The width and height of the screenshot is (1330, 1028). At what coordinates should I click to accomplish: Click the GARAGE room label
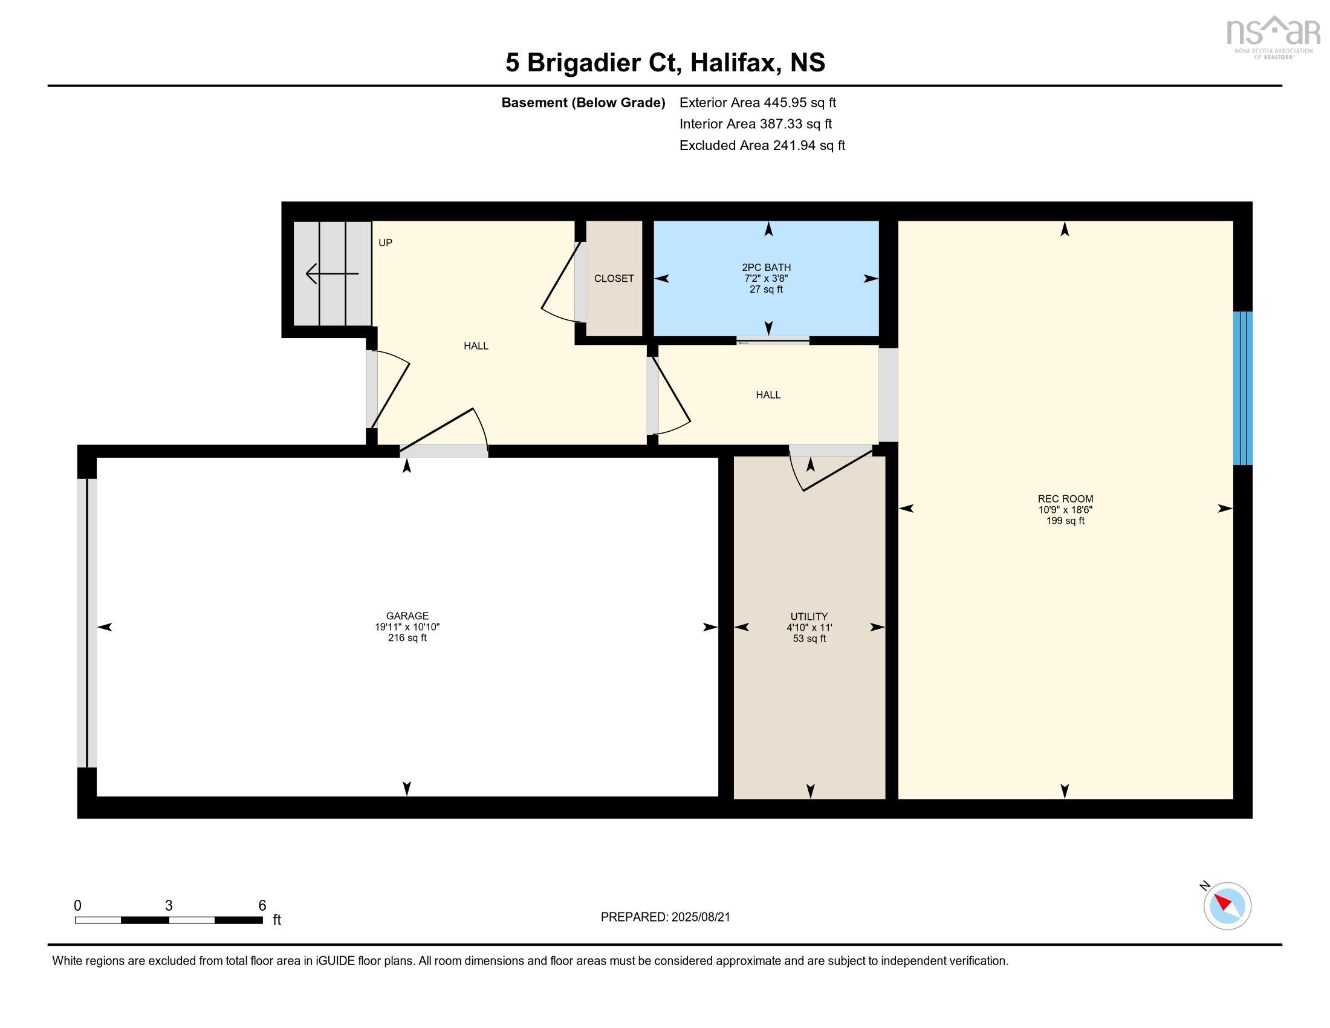407,616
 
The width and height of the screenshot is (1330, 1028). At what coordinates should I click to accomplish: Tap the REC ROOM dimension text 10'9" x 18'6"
1065,510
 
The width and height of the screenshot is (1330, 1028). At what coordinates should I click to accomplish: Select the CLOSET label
614,278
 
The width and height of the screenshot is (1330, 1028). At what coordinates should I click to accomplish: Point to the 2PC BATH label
766,267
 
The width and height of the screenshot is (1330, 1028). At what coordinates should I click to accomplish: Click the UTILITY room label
809,616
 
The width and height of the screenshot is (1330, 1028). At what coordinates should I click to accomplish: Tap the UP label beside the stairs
386,242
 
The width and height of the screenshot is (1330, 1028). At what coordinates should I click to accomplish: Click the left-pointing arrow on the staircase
331,273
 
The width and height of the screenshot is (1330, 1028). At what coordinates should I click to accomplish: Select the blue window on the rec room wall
1242,389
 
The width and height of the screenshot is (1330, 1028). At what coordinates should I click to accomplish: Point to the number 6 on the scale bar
262,906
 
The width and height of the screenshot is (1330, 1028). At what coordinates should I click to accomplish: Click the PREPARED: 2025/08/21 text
665,917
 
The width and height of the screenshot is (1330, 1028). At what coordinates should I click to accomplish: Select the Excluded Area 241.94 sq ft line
762,146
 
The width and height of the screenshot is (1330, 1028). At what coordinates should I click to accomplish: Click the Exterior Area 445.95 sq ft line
757,102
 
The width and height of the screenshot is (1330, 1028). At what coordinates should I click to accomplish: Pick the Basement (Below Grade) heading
583,102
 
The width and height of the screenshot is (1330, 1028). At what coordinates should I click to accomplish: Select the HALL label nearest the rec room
768,395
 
